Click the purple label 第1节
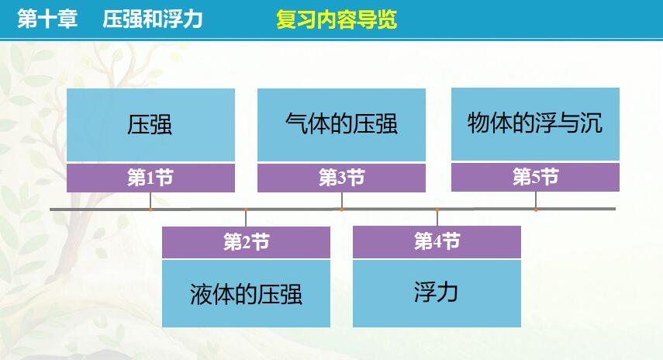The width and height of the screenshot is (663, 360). point(150,178)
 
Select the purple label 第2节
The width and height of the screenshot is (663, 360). point(246,242)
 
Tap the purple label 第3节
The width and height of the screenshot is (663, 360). point(342,178)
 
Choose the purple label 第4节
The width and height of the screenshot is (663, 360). point(437,241)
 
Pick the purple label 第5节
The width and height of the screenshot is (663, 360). point(535,177)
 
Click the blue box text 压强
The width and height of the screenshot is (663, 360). point(150,125)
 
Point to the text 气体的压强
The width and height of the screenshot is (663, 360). point(341,124)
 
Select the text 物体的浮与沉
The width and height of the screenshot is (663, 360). point(535,123)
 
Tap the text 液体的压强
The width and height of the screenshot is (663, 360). point(246,294)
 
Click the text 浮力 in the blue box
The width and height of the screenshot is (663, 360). point(437,292)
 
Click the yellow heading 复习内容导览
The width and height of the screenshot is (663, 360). point(337,19)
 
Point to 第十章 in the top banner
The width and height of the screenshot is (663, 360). point(47,19)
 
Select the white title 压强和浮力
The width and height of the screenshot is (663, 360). point(153,19)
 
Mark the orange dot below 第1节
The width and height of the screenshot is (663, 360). point(150,209)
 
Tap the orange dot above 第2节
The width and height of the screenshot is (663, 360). point(246,209)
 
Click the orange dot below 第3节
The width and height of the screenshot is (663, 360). point(342,209)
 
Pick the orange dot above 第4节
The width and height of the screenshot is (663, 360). point(437,209)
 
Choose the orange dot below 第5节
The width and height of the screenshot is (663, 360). point(536,209)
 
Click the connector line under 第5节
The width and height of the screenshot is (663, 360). point(536,199)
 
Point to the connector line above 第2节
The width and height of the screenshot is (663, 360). point(246,219)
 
